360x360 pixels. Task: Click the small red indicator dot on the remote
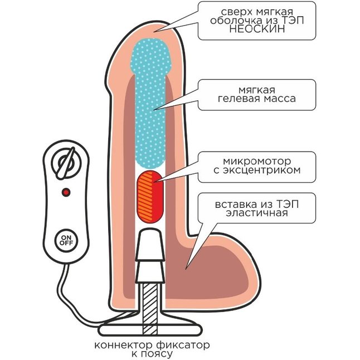(x=66, y=192)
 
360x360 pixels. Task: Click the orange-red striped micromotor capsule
(x=149, y=196)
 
